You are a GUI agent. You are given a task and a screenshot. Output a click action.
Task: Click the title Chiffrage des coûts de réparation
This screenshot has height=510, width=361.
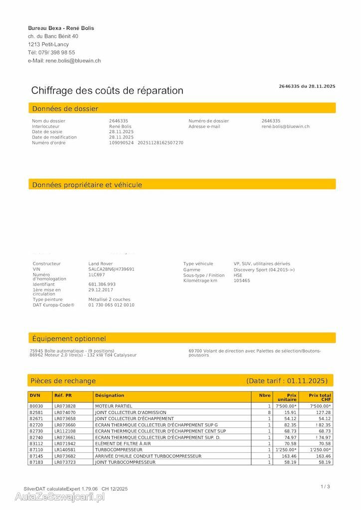point(107,91)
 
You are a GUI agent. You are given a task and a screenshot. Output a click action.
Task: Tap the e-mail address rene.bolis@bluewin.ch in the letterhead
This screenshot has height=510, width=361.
point(73,61)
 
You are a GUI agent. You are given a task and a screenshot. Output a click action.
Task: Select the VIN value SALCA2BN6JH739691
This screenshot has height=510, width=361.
point(111,269)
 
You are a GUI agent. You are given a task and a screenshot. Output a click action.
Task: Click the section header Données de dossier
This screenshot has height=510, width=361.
point(65,109)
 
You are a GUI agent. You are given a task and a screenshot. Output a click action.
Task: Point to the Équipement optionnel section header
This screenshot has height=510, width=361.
point(69,339)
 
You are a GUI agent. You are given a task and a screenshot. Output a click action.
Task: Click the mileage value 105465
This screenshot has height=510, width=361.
point(242,280)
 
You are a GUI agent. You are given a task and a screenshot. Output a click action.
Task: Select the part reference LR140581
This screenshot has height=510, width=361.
point(65,450)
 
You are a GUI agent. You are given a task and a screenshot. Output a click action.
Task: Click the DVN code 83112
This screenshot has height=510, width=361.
point(36,444)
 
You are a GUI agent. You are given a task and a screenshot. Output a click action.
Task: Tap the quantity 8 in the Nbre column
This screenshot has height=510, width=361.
point(269,412)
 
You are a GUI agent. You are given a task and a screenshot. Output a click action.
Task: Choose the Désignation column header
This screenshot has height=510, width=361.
point(110,395)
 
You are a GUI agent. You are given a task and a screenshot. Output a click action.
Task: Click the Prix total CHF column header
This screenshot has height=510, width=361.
point(320,397)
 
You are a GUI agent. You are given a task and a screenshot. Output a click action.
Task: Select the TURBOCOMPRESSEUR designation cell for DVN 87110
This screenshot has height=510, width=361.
point(119,450)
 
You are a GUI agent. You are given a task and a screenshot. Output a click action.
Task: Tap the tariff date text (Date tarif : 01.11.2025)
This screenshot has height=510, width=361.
point(287,381)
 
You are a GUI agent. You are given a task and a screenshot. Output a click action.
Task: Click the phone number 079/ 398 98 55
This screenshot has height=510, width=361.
point(56,52)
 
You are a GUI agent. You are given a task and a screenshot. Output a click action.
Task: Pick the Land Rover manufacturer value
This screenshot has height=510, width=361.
point(100,263)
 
